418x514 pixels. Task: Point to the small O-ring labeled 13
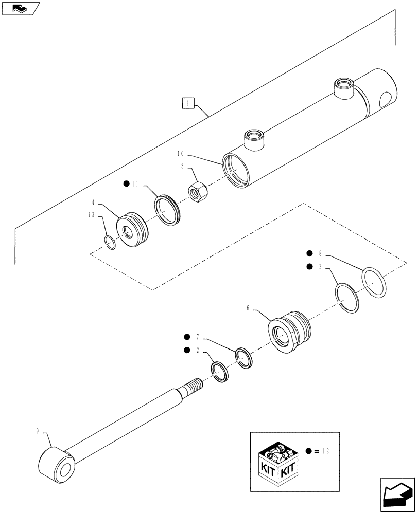(x=110, y=241)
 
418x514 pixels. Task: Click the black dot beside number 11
(x=126, y=183)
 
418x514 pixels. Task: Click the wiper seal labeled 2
(x=220, y=372)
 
